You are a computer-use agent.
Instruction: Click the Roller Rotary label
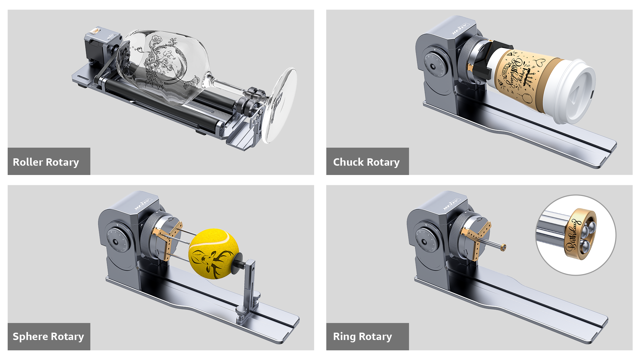click(46, 162)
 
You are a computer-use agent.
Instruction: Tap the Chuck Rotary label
click(366, 162)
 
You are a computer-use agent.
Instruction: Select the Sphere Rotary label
click(48, 337)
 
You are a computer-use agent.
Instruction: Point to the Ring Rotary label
click(362, 337)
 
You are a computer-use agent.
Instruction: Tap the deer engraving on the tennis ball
click(210, 260)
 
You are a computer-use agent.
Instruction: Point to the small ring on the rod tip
click(503, 247)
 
